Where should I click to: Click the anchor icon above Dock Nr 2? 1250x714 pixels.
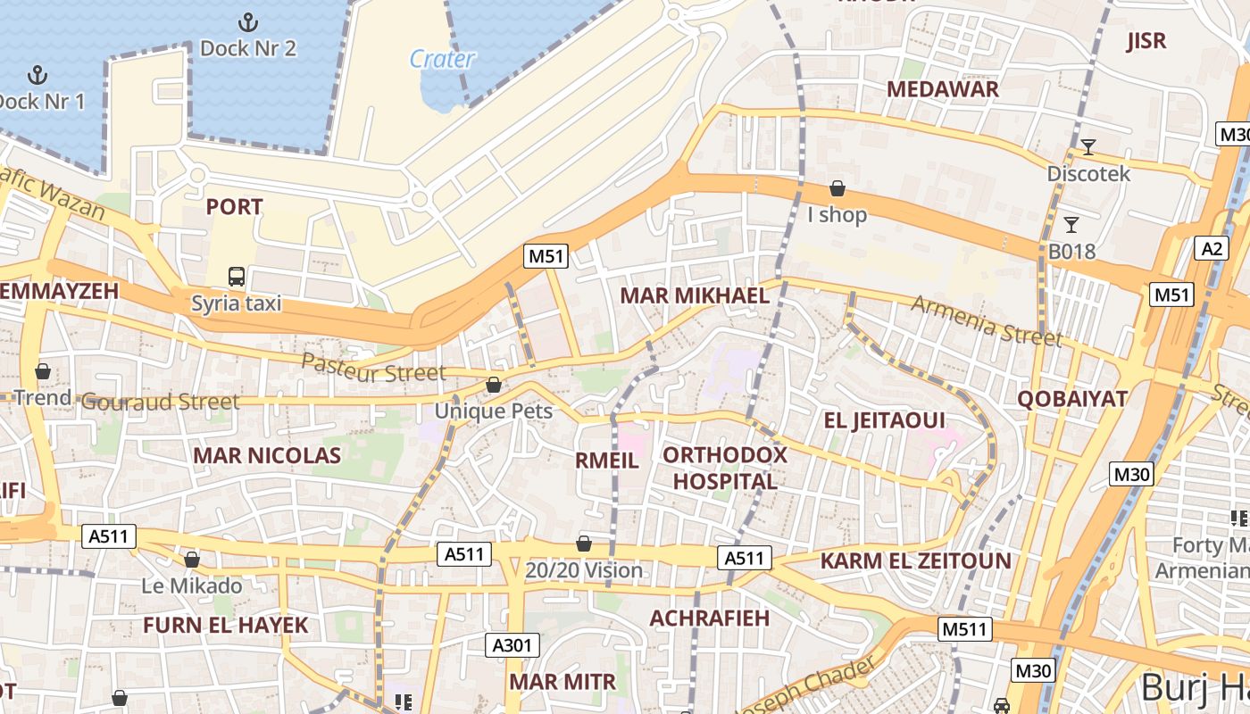248,22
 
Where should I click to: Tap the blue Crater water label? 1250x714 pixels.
441,59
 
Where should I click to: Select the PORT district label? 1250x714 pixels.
234,207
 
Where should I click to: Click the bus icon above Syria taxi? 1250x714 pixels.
237,277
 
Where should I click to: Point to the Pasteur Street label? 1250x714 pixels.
372,367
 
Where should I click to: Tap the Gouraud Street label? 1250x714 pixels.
160,402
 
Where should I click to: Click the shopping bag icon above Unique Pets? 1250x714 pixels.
493,385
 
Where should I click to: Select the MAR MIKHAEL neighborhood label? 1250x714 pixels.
694,296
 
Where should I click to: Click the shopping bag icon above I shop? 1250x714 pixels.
837,188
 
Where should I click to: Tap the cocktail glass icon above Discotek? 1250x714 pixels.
1087,147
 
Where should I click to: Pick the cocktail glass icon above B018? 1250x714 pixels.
1071,225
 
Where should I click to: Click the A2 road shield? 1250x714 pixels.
1212,248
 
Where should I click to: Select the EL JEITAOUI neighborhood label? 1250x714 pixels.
883,420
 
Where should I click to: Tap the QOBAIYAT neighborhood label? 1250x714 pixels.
1072,399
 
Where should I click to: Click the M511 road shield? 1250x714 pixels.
965,629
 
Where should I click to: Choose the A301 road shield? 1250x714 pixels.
512,645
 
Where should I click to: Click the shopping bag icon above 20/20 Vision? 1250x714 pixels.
584,544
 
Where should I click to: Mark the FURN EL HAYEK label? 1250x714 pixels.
225,625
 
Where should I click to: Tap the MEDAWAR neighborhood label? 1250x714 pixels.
942,89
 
